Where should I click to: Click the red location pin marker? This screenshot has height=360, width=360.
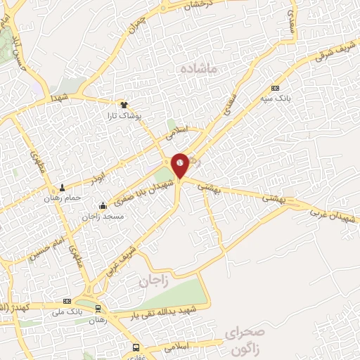click(x=180, y=165)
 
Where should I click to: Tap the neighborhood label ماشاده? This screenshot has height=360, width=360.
click(x=200, y=68)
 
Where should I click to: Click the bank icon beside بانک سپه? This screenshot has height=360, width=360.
click(x=275, y=89)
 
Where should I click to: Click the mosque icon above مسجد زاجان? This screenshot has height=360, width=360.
click(x=103, y=205)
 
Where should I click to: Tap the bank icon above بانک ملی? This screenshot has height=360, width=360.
click(x=67, y=300)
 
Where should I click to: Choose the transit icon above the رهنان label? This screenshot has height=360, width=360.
click(x=98, y=307)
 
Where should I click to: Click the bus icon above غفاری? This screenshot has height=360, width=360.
click(x=136, y=347)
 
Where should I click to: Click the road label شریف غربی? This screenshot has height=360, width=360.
click(x=127, y=258)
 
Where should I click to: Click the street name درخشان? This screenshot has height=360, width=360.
click(x=198, y=5)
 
